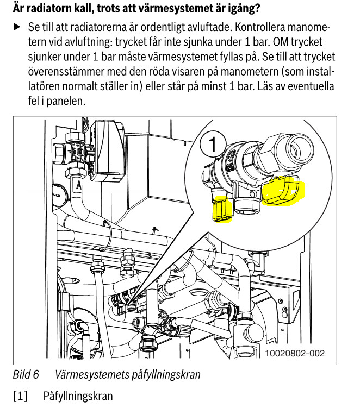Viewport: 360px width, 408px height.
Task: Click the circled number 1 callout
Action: pyautogui.click(x=213, y=143)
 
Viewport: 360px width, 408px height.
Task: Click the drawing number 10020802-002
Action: pyautogui.click(x=295, y=353)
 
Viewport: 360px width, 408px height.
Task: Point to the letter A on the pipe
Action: pyautogui.click(x=79, y=185)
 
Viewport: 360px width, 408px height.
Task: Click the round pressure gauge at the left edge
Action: pyautogui.click(x=59, y=195)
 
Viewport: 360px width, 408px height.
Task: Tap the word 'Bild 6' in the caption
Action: pyautogui.click(x=26, y=374)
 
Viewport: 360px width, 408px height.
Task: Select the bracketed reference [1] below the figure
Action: pyautogui.click(x=20, y=396)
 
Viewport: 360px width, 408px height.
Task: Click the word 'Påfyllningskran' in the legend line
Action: pyautogui.click(x=78, y=396)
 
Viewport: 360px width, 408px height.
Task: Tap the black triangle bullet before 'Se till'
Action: pyautogui.click(x=17, y=27)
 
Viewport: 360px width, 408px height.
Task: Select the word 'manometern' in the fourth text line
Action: pyautogui.click(x=249, y=71)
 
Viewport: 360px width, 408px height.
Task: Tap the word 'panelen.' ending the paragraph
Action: pyautogui.click(x=66, y=101)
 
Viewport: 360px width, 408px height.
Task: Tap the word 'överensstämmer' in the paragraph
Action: pyautogui.click(x=66, y=71)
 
